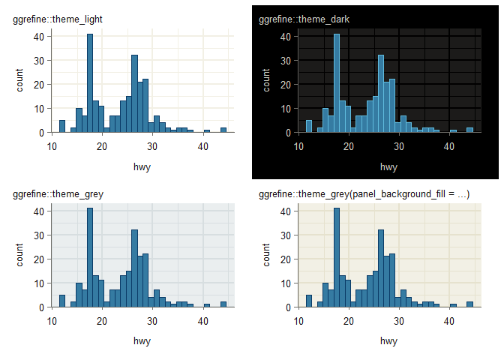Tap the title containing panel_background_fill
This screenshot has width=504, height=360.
coord(364,194)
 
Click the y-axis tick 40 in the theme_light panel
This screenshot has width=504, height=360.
coord(37,36)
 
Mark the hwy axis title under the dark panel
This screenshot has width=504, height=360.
coord(388,166)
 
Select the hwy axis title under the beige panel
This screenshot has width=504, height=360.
coord(388,341)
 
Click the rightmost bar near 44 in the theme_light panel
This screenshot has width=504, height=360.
coord(223,130)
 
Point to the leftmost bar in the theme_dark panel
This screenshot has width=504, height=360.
coord(309,126)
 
